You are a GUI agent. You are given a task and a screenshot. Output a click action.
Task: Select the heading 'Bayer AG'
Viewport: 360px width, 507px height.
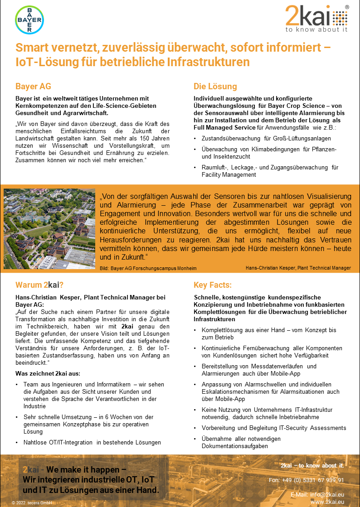[x=33, y=86]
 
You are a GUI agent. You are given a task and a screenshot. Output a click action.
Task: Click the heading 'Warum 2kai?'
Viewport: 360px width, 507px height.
[x=39, y=285]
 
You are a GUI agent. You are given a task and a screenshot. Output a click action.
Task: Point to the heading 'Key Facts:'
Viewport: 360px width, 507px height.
[x=212, y=285]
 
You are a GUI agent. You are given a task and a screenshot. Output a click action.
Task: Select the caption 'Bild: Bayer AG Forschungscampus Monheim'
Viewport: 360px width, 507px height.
[x=148, y=268]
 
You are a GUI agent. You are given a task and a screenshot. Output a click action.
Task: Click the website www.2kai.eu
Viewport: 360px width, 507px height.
[x=326, y=502]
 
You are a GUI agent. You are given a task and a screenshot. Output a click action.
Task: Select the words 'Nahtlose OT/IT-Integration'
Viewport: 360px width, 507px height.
[x=58, y=442]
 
